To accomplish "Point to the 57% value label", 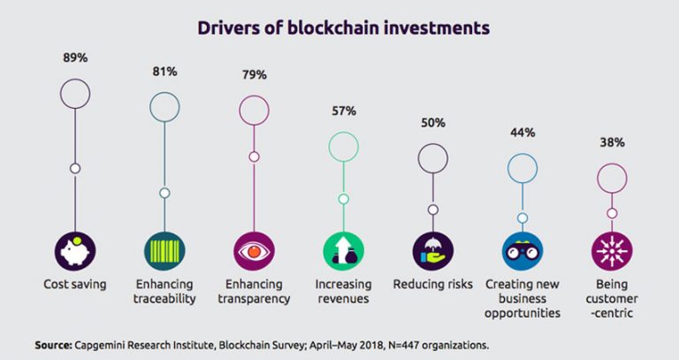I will (343, 111).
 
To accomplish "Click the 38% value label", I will (612, 142).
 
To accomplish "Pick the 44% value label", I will (523, 132).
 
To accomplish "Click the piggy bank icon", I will (75, 252).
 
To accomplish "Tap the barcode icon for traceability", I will (164, 252).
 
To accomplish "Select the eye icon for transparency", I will (254, 252).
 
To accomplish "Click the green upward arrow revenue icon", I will (343, 252).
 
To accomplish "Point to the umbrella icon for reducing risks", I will (432, 252).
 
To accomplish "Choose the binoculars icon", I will (523, 252).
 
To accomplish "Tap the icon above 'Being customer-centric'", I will (612, 252).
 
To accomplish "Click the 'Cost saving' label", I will (75, 285).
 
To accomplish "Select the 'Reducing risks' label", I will (432, 285).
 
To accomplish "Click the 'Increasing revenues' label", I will (343, 292).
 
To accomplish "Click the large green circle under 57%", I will (343, 146).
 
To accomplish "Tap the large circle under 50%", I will (432, 158).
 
